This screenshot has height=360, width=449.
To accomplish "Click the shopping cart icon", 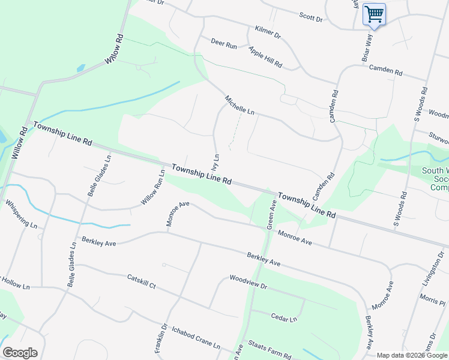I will click(x=375, y=14).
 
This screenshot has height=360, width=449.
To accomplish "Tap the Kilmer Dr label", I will click(x=268, y=32).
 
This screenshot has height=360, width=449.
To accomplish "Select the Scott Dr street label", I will click(x=311, y=18).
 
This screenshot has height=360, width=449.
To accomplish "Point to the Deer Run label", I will click(x=224, y=44).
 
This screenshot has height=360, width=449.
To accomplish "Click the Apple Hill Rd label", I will click(x=265, y=58).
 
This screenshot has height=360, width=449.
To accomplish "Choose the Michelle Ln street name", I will click(x=240, y=105).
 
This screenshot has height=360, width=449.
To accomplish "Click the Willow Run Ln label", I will click(x=153, y=188).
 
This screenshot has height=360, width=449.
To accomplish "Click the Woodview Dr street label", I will click(x=248, y=281).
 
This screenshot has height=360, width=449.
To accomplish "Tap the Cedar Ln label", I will click(x=284, y=318).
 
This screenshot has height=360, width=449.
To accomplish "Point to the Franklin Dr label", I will click(x=160, y=341).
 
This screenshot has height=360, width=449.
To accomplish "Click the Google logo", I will click(x=20, y=353).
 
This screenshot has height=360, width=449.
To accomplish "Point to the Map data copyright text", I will click(x=411, y=355).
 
